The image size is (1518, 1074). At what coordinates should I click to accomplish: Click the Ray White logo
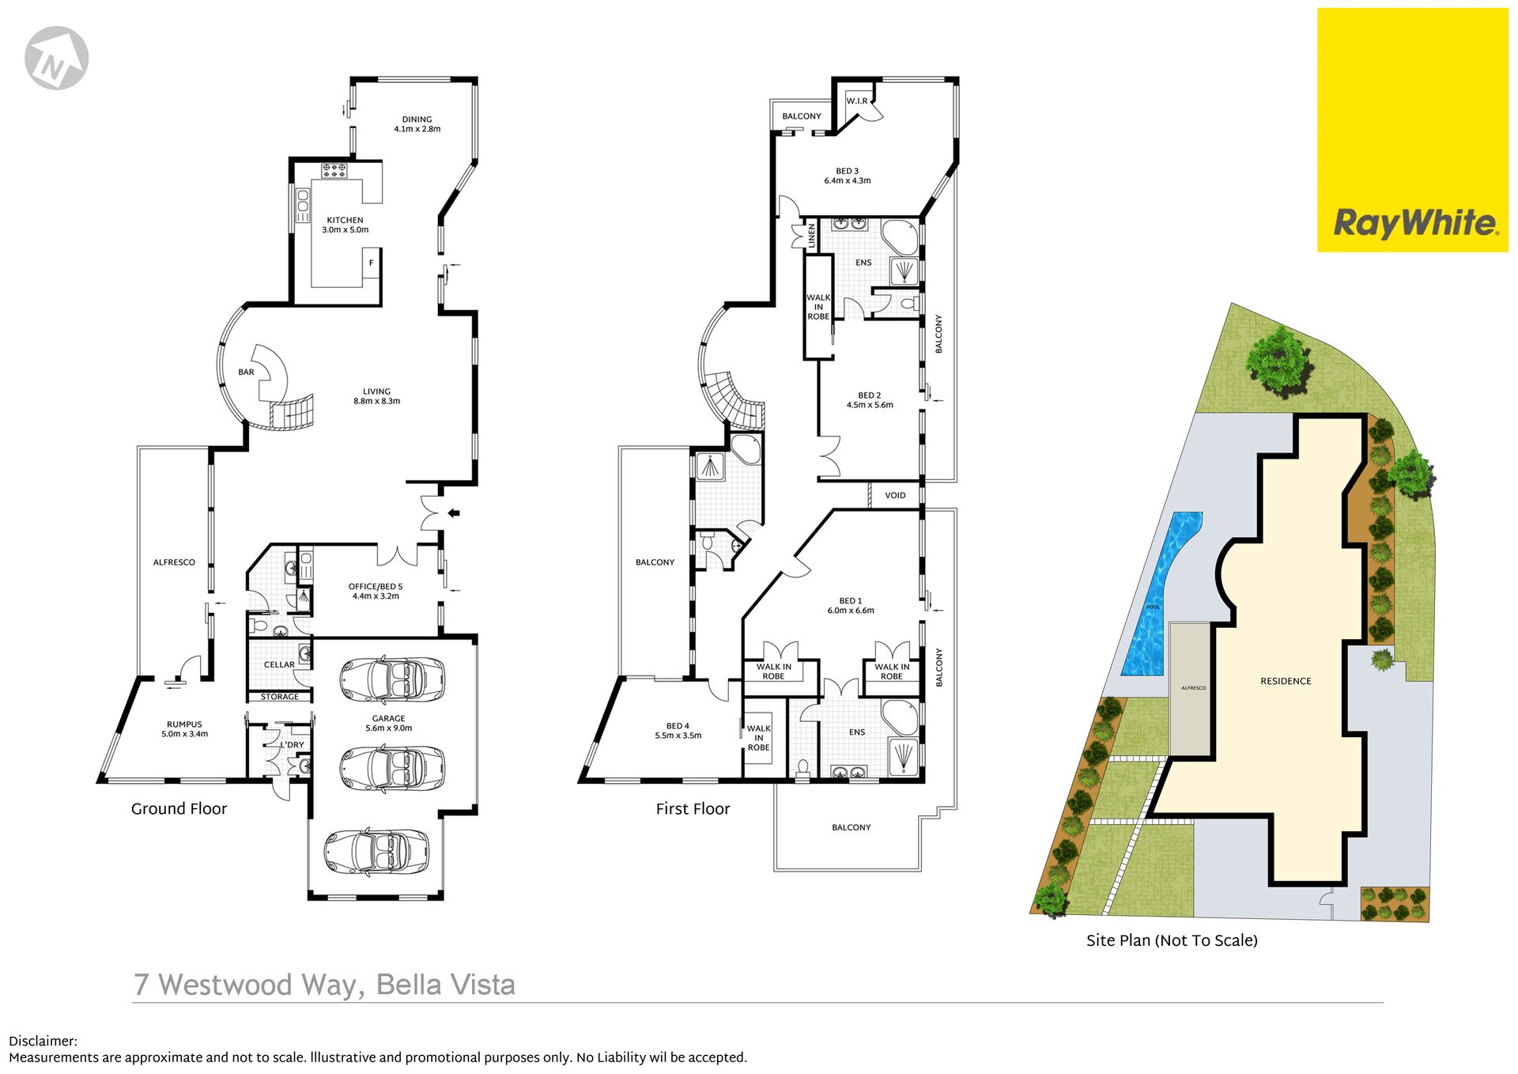1412,130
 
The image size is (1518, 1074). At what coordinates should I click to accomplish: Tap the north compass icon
56,58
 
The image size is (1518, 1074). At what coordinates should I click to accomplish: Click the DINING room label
417,119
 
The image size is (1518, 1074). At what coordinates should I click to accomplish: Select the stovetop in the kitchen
334,169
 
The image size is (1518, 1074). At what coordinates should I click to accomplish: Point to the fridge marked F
371,263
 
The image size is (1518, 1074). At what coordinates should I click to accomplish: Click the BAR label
247,372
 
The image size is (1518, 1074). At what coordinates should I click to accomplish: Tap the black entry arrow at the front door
454,513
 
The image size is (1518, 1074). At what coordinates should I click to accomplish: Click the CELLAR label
279,665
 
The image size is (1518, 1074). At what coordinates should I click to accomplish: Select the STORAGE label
280,697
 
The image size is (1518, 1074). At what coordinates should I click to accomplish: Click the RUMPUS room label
184,724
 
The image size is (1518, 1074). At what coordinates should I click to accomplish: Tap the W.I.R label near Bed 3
857,101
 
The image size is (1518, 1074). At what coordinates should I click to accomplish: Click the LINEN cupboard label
811,236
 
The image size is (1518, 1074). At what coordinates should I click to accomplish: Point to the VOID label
895,496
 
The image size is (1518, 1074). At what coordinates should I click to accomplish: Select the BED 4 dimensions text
678,736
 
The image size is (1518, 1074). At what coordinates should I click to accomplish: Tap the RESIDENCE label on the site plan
1286,681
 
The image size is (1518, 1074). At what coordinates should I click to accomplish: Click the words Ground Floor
179,809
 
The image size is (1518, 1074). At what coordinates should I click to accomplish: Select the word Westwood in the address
225,985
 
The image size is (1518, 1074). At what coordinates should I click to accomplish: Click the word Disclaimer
43,1042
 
